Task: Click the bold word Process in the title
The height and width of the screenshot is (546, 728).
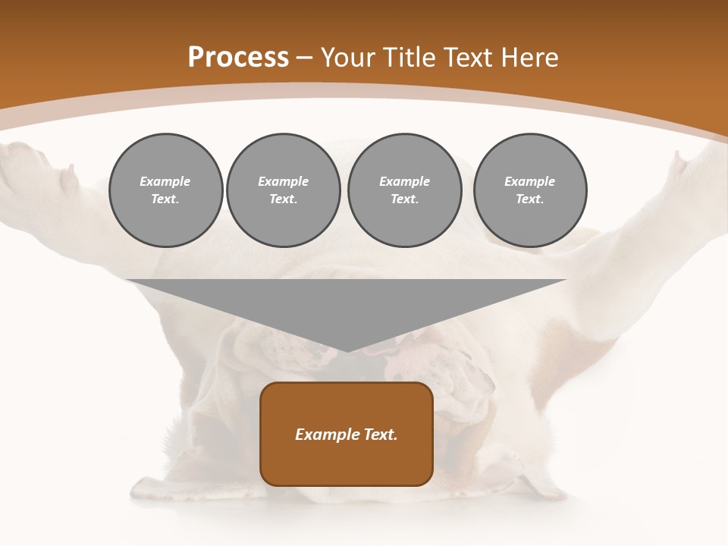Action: [x=238, y=58]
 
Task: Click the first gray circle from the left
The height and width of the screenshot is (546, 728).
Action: [x=165, y=190]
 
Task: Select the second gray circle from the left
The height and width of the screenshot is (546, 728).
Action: [x=283, y=190]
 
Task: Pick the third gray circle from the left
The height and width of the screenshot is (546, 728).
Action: [x=404, y=190]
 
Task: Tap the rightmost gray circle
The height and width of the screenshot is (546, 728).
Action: [x=529, y=190]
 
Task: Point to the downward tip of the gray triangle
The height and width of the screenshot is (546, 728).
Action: [x=347, y=350]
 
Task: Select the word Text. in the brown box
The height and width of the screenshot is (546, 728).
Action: [x=379, y=435]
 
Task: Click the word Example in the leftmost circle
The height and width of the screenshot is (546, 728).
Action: [x=165, y=181]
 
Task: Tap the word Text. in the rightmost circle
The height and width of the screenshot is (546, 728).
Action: [x=529, y=199]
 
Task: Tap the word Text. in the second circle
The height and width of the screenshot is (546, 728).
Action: [x=283, y=199]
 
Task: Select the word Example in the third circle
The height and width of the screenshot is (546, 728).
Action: [x=404, y=181]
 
